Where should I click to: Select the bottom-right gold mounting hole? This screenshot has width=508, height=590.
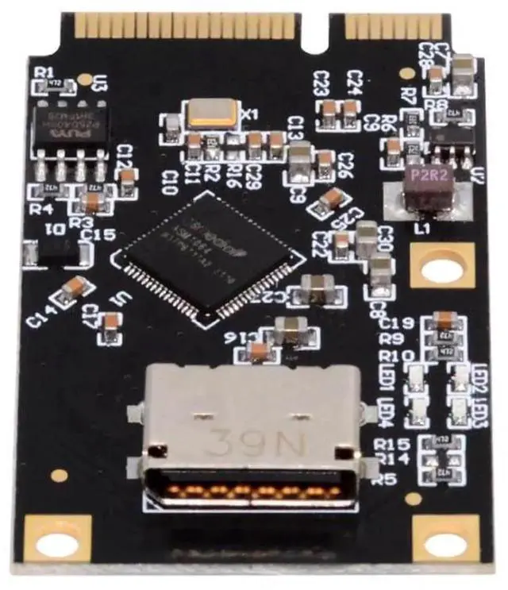tap(450, 545)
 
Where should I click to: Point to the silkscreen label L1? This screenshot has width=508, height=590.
tap(422, 229)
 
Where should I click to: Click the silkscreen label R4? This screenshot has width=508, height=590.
tap(41, 209)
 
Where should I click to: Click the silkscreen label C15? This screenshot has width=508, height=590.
tap(103, 235)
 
